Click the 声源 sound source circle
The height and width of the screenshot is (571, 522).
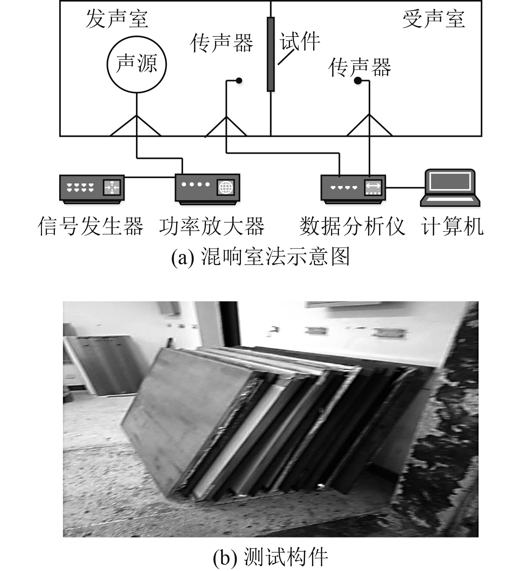[x=137, y=64]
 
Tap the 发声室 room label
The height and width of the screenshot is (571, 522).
[x=117, y=19]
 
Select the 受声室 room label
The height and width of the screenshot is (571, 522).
[x=433, y=19]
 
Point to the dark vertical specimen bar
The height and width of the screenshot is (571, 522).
[x=271, y=54]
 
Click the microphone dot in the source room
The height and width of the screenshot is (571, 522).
[x=239, y=80]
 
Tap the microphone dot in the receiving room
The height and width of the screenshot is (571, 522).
[x=357, y=80]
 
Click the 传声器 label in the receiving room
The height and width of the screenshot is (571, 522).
[x=360, y=67]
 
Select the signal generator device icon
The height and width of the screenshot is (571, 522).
[x=92, y=188]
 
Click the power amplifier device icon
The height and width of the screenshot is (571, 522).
[x=207, y=188]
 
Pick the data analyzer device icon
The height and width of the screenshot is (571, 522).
[x=353, y=188]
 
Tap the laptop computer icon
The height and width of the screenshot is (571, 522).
[x=450, y=187]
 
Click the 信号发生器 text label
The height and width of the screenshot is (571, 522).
[x=91, y=226]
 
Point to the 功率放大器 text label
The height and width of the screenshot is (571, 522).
[x=212, y=226]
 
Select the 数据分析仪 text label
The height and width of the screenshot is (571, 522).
[x=352, y=226]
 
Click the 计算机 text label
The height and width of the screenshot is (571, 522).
[x=452, y=226]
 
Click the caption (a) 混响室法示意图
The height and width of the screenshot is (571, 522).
[x=260, y=257]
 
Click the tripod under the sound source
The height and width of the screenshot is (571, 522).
[x=136, y=125]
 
